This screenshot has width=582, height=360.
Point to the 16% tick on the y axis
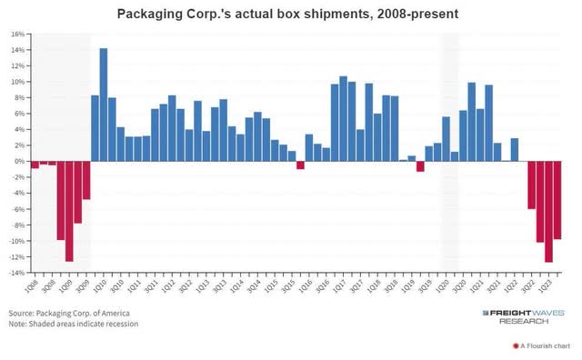[x=17, y=34]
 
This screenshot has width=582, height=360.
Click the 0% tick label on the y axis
[x=19, y=161]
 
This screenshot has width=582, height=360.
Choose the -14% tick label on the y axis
[x=17, y=273]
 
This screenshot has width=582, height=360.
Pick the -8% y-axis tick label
[x=17, y=225]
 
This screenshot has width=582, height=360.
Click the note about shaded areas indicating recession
[x=75, y=325]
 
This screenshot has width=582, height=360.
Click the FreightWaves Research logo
[x=524, y=315]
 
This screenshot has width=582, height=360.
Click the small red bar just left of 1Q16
[x=300, y=165]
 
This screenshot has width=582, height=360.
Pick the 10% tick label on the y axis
[x=17, y=82]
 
